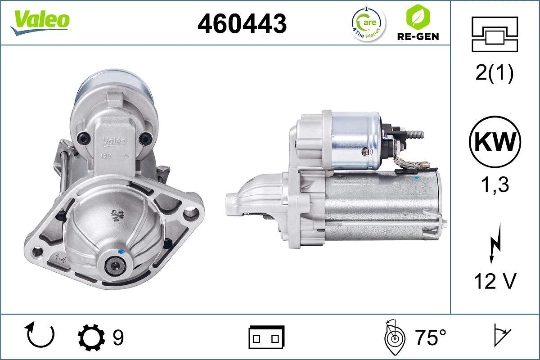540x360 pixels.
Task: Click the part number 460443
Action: click(242, 23)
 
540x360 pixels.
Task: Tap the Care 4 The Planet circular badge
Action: click(368, 24)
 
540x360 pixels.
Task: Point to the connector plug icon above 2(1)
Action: click(495, 34)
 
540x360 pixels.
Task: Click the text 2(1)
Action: click(495, 73)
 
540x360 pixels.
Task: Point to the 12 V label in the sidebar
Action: click(495, 281)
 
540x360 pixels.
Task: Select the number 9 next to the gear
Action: click(118, 337)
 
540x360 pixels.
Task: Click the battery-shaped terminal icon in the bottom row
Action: click(266, 337)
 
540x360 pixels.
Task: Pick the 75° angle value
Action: click(430, 337)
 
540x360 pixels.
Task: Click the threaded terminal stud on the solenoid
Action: click(415, 134)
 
